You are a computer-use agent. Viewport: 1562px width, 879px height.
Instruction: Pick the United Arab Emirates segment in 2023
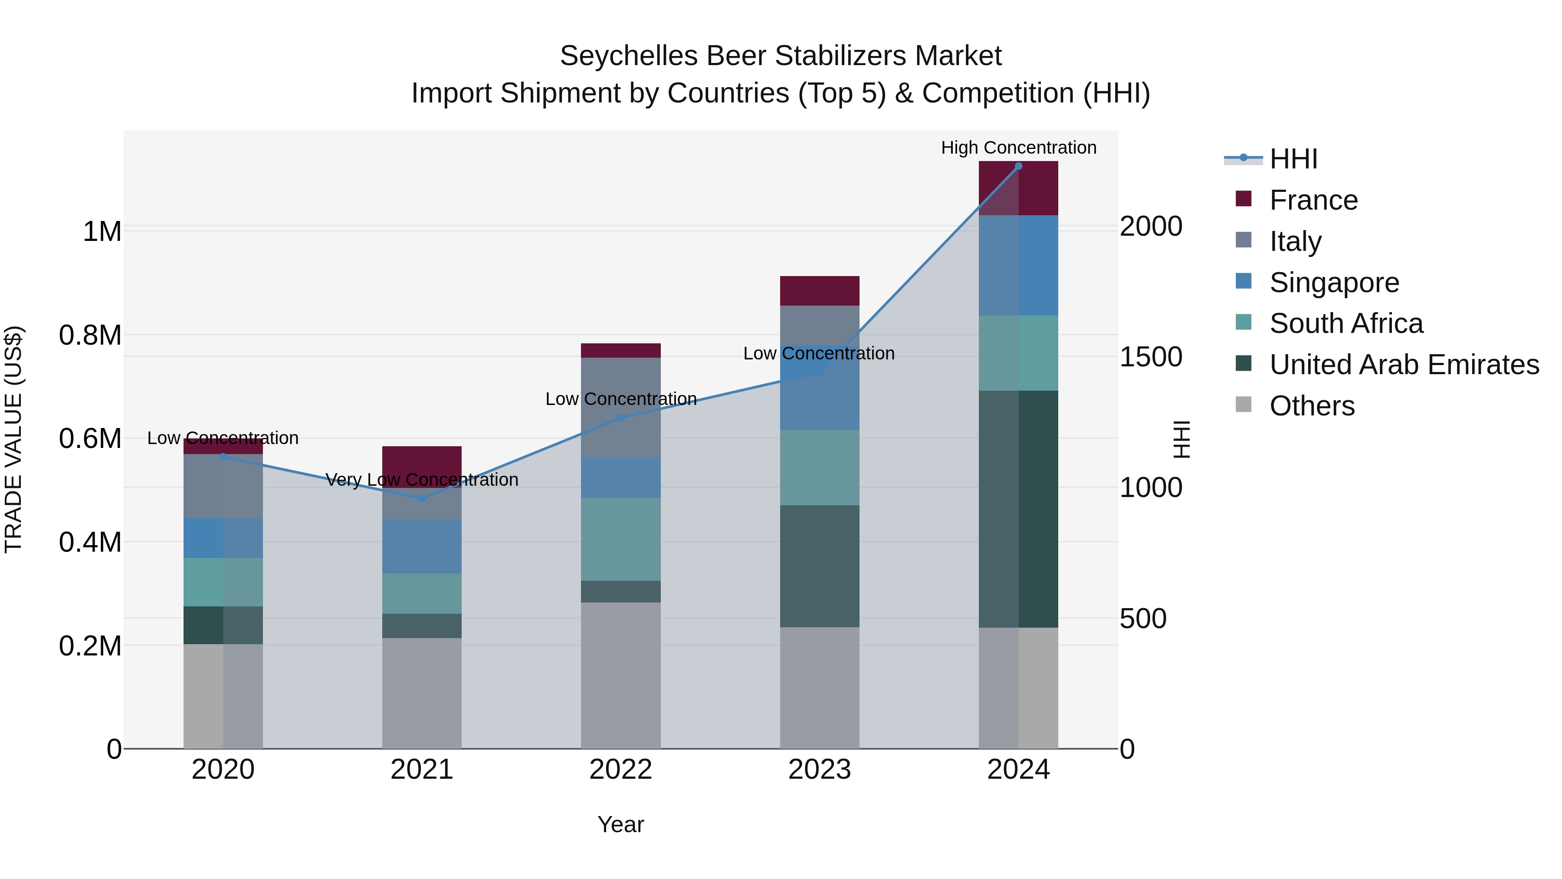[x=819, y=566]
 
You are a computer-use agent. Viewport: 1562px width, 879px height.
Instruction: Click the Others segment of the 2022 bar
[x=620, y=675]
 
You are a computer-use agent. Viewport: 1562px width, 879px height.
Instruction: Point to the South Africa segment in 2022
[x=620, y=539]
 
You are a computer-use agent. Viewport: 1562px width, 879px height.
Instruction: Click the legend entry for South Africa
[x=1345, y=323]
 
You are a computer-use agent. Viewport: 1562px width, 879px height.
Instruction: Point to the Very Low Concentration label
[x=422, y=480]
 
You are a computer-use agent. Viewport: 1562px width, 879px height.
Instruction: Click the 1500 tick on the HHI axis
[x=1150, y=357]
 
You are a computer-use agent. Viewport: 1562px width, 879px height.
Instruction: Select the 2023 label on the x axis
[x=819, y=770]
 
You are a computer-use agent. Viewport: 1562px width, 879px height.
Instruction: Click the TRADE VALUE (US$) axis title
[x=14, y=439]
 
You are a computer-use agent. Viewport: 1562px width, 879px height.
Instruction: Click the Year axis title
[x=620, y=824]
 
